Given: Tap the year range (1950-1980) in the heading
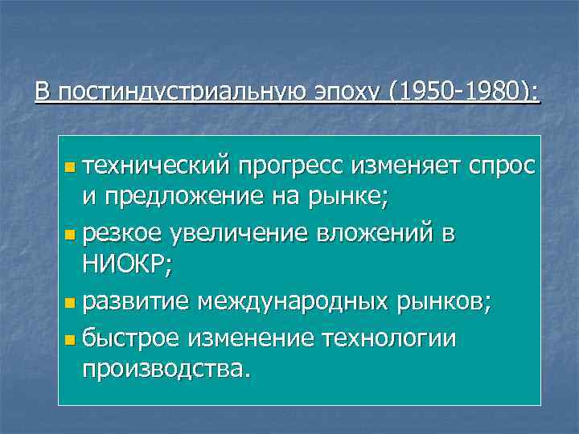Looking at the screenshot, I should tap(464, 92).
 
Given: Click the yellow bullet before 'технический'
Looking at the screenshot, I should tap(70, 168).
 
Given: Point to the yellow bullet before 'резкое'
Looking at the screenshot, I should tap(70, 235).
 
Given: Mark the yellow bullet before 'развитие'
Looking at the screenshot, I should tap(70, 304).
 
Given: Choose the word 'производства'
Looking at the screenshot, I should tap(164, 371).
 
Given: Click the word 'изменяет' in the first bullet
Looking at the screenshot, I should tap(391, 166).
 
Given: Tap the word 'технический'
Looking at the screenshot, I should tap(157, 166).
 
